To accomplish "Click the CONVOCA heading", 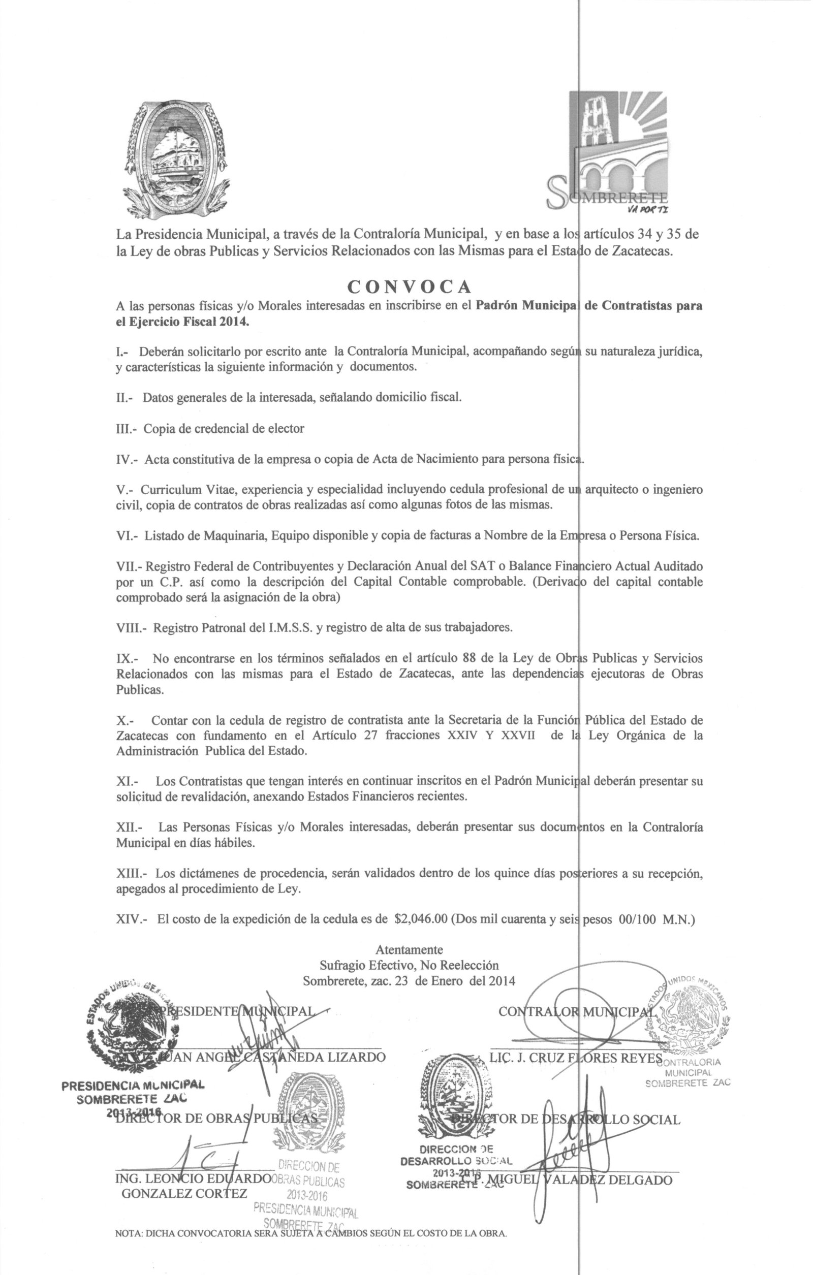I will click(x=409, y=286).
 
